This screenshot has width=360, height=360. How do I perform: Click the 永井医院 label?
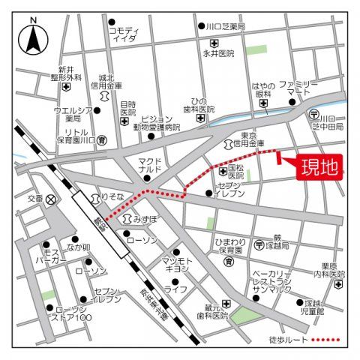tap(218, 53)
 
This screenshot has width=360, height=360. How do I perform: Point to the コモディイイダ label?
tap(124, 34)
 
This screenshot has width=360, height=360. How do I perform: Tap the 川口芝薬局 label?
tap(226, 26)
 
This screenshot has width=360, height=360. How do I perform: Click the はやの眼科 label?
tap(263, 90)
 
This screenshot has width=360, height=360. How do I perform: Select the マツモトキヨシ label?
tap(177, 265)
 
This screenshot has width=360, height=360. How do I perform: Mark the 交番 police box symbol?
tap(51, 199)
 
